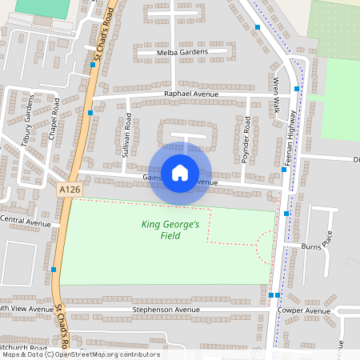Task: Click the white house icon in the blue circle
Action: coord(180,172)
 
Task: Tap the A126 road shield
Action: coord(70,189)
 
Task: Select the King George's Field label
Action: coord(170,230)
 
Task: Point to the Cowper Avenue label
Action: coord(304,310)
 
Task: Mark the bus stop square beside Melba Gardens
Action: coord(93,54)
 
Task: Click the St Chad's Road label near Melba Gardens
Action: coord(101,36)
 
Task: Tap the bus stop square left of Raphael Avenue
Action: coord(90,113)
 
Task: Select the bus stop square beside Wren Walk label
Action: coord(296,89)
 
